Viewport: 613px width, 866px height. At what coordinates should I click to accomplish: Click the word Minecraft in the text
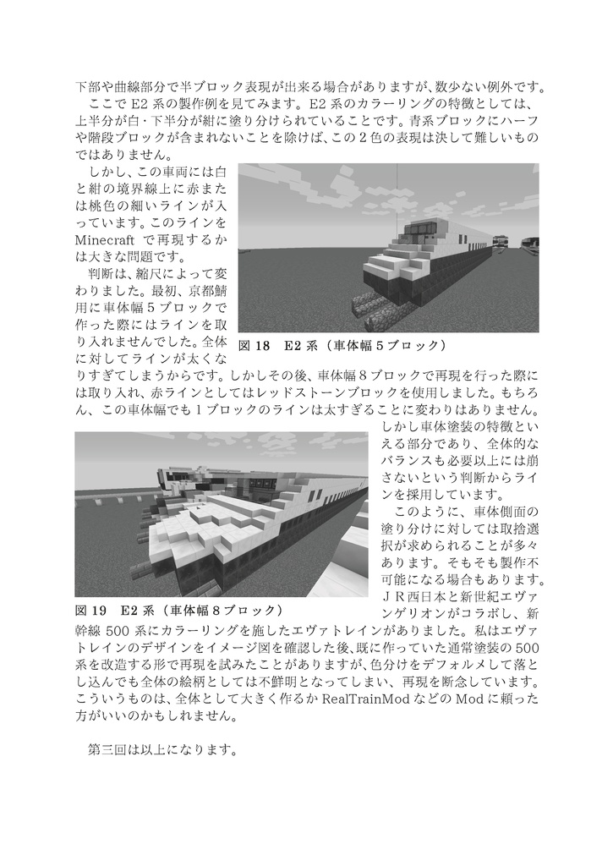pyautogui.click(x=107, y=239)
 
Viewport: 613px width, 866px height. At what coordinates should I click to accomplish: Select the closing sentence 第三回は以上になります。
pyautogui.click(x=162, y=750)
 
